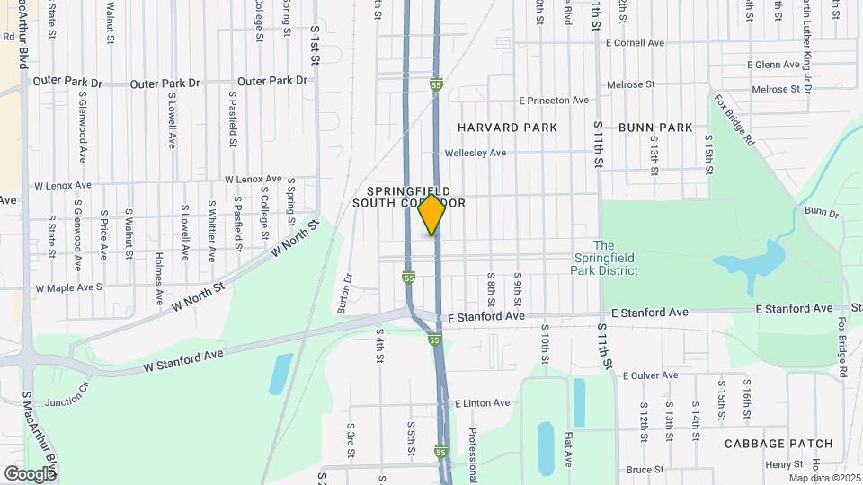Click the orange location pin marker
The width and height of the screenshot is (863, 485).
(432, 214)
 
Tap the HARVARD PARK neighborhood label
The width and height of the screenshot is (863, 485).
(507, 128)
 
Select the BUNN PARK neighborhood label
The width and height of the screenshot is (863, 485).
(655, 128)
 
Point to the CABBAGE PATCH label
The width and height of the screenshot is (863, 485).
(778, 444)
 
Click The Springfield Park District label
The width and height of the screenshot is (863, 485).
(605, 258)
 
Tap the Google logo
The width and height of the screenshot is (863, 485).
(30, 473)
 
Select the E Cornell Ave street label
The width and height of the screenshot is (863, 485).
(635, 42)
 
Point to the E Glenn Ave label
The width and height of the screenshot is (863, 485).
(773, 65)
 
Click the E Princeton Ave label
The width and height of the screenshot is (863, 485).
(553, 101)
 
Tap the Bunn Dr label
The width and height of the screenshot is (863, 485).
(821, 212)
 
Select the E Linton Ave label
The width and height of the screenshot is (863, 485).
(482, 403)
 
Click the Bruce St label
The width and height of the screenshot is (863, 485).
(645, 470)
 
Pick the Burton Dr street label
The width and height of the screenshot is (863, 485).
(343, 293)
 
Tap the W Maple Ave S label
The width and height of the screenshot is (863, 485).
(68, 288)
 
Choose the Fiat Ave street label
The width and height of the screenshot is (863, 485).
(569, 448)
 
